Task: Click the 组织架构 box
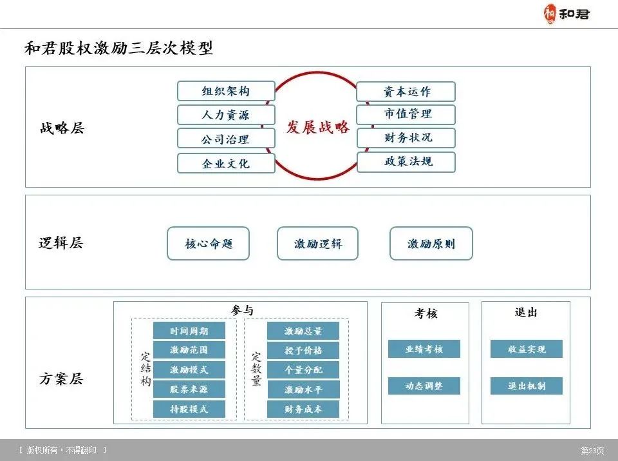click(x=226, y=91)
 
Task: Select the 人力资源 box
click(x=226, y=115)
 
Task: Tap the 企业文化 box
click(x=226, y=163)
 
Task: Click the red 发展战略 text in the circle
click(x=318, y=126)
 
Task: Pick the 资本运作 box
click(x=406, y=91)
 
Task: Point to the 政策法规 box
click(x=406, y=161)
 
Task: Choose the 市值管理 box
click(x=406, y=114)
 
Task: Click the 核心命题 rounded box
click(x=208, y=244)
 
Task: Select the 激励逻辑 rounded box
click(x=318, y=244)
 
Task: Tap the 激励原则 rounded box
click(x=431, y=244)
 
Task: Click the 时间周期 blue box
click(x=189, y=331)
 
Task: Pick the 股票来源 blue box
click(x=189, y=389)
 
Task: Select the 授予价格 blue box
click(x=303, y=350)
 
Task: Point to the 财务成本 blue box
click(x=303, y=408)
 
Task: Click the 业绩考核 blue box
click(x=424, y=349)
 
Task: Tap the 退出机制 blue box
click(x=527, y=386)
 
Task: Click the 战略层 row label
click(x=62, y=128)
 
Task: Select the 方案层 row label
click(x=62, y=378)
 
